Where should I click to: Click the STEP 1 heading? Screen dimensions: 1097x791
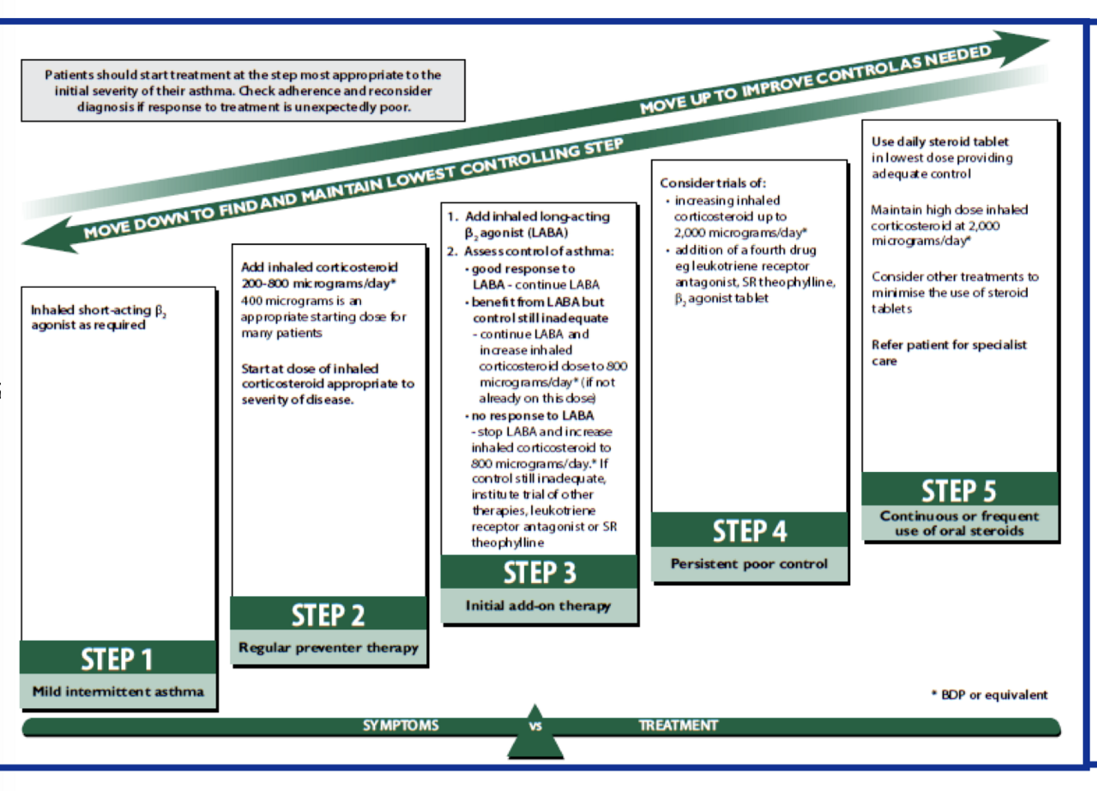point(117,659)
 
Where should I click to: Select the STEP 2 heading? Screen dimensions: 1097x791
point(327,615)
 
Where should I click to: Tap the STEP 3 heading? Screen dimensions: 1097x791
point(539,572)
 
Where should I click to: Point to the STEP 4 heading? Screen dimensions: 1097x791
point(749,531)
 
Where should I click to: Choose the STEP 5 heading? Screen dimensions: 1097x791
point(959,491)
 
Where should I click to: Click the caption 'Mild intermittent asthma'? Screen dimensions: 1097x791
point(118,692)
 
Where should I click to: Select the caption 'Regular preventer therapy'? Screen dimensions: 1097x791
point(328,648)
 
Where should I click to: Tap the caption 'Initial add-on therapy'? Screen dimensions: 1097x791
point(539,606)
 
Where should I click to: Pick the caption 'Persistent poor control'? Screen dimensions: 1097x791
point(749,564)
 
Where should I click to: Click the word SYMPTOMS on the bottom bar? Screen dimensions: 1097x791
point(400,725)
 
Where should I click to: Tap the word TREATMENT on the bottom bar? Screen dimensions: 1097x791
point(678,725)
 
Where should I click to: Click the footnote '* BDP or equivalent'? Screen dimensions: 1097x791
point(989,695)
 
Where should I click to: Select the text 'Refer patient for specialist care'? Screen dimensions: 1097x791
point(948,353)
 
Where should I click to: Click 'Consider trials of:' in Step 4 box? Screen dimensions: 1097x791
point(712,183)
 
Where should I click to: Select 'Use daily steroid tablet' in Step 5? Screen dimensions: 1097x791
point(940,141)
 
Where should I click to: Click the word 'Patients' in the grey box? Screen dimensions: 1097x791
point(69,75)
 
